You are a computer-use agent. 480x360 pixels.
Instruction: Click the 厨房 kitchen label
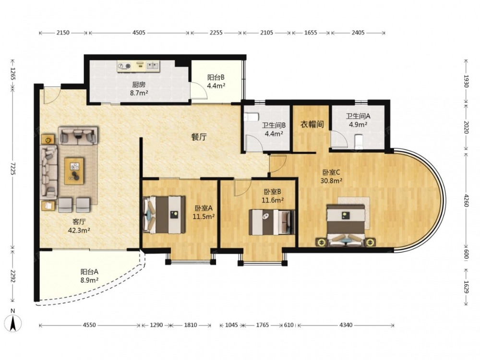(139, 84)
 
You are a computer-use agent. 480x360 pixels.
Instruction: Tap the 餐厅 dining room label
(199, 137)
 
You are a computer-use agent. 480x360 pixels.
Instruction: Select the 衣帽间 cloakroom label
(312, 124)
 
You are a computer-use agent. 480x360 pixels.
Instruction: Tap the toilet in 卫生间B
(251, 117)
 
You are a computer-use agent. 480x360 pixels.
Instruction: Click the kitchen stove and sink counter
(139, 66)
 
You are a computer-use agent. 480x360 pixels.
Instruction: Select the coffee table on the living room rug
(74, 171)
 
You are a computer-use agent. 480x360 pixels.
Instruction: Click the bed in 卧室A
(164, 214)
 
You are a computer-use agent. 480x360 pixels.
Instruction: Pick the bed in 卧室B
(272, 222)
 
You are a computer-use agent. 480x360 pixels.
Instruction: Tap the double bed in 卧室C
(346, 225)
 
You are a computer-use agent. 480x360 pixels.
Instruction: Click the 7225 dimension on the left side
(13, 168)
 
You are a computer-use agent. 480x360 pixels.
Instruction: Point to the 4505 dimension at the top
(139, 33)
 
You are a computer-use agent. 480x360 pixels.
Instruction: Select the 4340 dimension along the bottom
(346, 325)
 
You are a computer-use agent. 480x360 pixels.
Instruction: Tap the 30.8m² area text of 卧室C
(331, 180)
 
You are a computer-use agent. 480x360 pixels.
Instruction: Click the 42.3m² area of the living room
(79, 230)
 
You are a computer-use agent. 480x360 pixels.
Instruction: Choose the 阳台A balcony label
(89, 272)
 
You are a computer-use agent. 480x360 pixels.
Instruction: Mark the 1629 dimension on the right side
(466, 287)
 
